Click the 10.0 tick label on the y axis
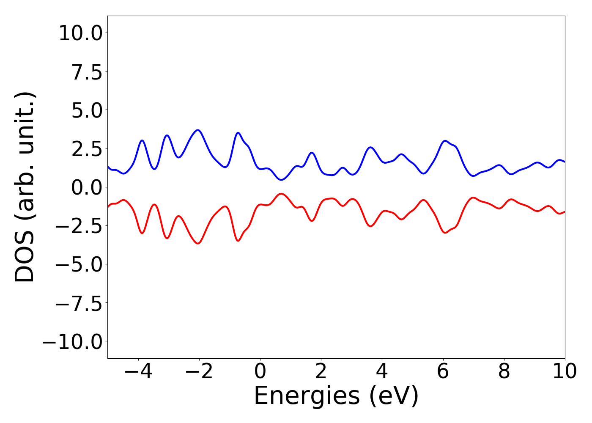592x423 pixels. click(80, 33)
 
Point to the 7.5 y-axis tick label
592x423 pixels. click(87, 71)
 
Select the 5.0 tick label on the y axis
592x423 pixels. click(87, 110)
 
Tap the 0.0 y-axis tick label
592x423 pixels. click(87, 187)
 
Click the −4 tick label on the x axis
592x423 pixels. click(138, 371)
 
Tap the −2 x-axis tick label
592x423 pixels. click(199, 371)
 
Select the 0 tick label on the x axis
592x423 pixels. click(260, 371)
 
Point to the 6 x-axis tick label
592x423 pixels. click(443, 371)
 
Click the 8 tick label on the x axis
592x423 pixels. click(504, 371)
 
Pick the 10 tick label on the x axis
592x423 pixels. click(565, 371)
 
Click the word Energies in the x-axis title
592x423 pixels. click(307, 396)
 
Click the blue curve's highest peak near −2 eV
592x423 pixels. click(197, 130)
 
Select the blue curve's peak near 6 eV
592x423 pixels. click(445, 141)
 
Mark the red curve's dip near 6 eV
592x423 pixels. click(445, 233)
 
